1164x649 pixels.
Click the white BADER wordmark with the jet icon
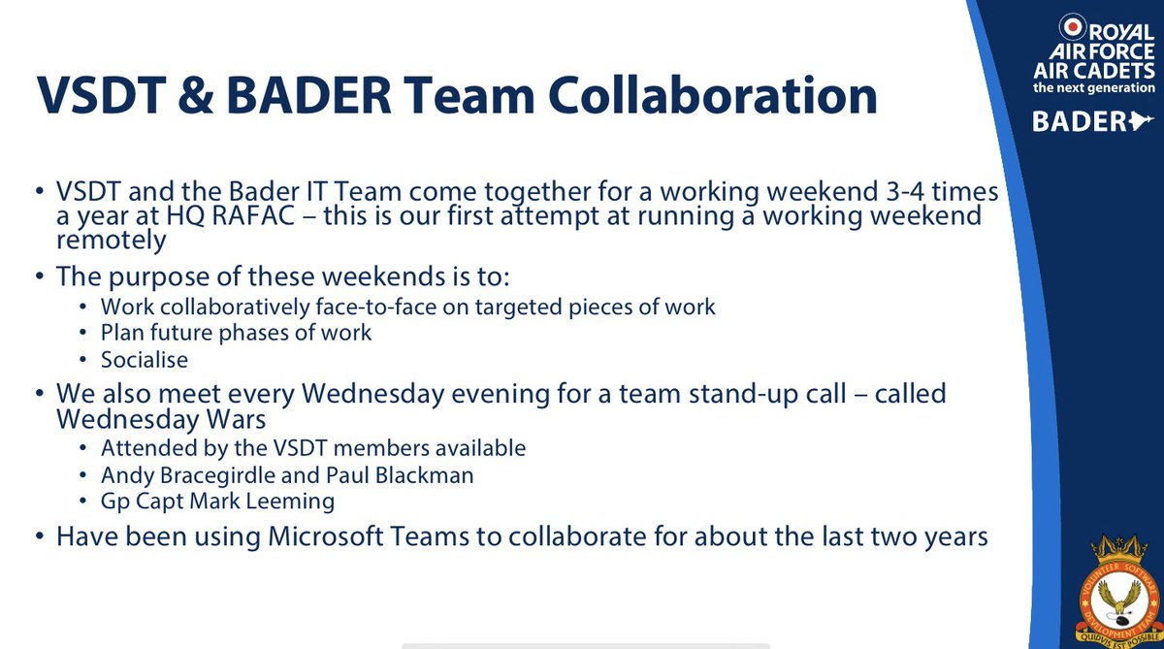click(1100, 121)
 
